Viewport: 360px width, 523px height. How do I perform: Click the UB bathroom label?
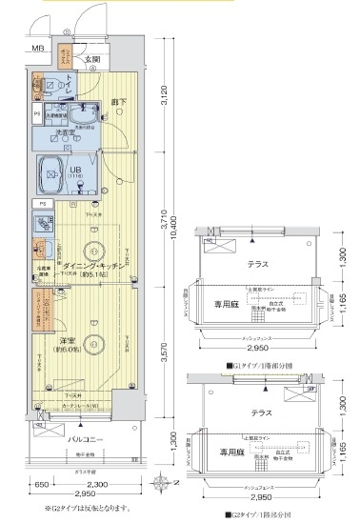coord(74,172)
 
